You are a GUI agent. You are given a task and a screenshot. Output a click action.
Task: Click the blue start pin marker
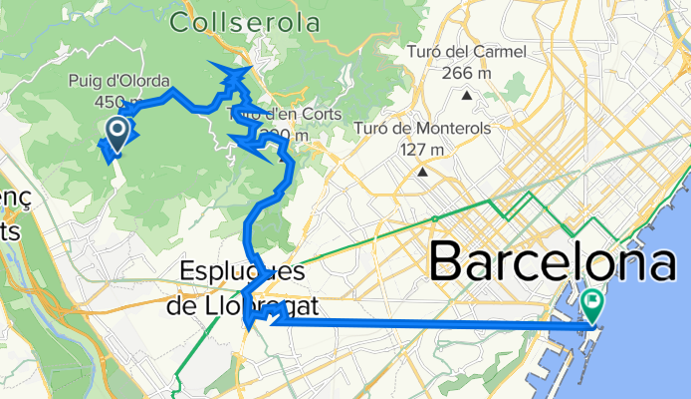tap(115, 132)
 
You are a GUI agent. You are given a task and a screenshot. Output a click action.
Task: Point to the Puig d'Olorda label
tap(133, 82)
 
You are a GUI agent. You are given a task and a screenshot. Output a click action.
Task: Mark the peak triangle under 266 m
tap(466, 95)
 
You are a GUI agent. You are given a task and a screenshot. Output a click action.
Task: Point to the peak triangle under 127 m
tap(422, 172)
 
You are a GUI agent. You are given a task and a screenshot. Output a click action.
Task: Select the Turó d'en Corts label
tap(267, 113)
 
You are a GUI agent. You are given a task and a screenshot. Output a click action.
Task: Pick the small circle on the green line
tap(435, 217)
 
